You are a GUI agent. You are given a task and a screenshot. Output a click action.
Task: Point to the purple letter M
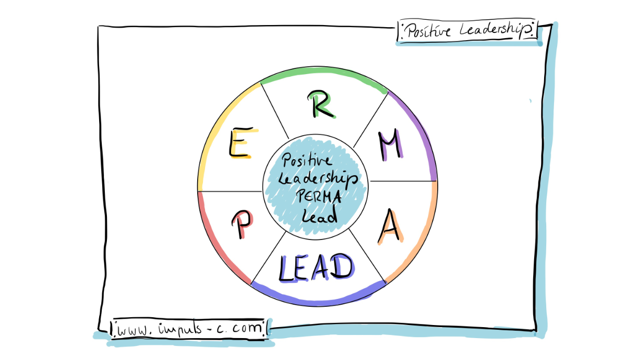(391, 145)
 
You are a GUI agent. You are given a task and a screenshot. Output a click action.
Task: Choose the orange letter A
(390, 227)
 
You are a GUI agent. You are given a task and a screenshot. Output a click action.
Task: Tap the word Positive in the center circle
(306, 162)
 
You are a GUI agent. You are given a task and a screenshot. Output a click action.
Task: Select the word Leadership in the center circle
(319, 179)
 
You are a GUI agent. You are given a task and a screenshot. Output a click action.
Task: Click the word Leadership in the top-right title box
(497, 31)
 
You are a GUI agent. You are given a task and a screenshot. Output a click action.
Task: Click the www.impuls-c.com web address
(189, 329)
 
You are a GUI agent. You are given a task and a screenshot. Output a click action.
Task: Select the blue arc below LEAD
(318, 300)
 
